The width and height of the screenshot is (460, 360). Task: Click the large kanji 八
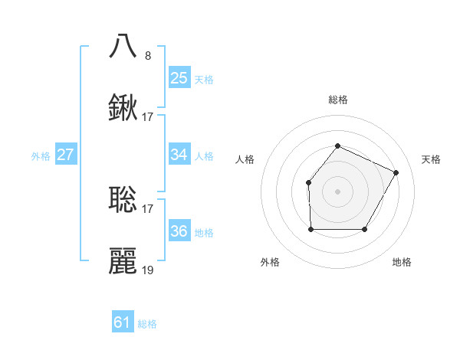[123, 46]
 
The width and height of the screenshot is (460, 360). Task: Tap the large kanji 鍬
[123, 107]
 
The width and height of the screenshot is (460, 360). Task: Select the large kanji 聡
[123, 199]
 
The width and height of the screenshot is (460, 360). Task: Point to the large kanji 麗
[123, 261]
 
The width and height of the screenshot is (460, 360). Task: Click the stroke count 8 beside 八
[148, 55]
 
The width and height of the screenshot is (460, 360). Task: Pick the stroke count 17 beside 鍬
[148, 117]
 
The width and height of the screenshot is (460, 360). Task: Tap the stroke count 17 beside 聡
[148, 209]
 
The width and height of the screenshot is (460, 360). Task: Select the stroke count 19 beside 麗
[148, 270]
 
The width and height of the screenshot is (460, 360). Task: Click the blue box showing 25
[179, 77]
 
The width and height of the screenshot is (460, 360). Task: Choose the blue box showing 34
[179, 155]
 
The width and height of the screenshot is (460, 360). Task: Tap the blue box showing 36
[179, 231]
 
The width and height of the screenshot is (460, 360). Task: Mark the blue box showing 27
[66, 155]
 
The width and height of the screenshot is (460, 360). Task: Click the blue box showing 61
[123, 322]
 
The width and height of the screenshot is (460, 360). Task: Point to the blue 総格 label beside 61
[147, 324]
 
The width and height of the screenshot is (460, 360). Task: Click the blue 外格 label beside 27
[41, 156]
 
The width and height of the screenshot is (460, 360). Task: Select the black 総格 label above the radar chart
[337, 100]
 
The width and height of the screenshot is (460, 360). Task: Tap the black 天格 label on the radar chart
[431, 159]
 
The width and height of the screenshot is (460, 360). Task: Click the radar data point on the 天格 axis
[396, 172]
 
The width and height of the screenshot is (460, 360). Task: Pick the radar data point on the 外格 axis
[310, 229]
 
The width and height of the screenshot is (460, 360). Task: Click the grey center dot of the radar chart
[337, 191]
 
